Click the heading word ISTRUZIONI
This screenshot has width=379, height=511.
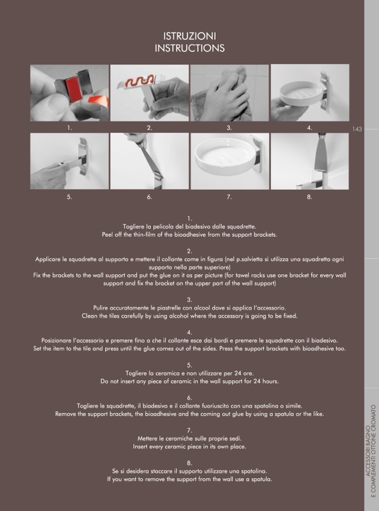click(x=189, y=36)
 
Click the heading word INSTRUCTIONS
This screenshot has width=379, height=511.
click(x=189, y=48)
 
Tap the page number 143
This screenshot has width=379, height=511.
click(x=357, y=129)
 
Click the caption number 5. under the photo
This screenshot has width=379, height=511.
click(x=69, y=197)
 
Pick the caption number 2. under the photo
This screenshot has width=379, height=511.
click(x=150, y=128)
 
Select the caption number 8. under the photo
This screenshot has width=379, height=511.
click(x=310, y=197)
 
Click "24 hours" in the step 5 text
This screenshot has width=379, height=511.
click(x=266, y=381)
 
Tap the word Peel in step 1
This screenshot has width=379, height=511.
click(x=107, y=234)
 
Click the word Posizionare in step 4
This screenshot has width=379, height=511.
click(x=56, y=340)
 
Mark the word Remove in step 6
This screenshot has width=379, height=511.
click(x=65, y=414)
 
